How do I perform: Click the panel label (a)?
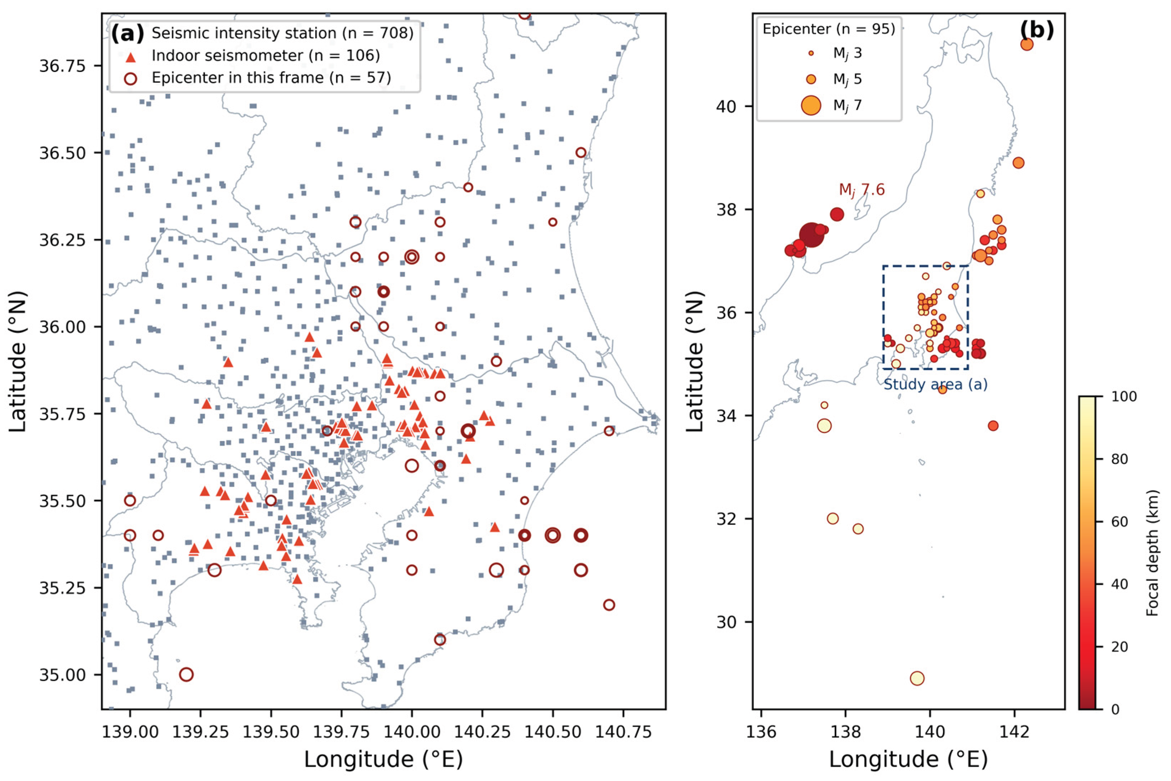click(127, 33)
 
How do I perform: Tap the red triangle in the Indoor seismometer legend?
click(131, 57)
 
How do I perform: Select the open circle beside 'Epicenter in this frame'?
click(131, 78)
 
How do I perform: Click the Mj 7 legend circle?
click(811, 105)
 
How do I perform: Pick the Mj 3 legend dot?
click(811, 53)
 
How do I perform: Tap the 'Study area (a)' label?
click(935, 384)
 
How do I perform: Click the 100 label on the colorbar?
click(1124, 397)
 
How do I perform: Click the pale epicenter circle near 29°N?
click(917, 678)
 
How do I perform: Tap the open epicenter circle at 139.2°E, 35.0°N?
click(186, 674)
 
